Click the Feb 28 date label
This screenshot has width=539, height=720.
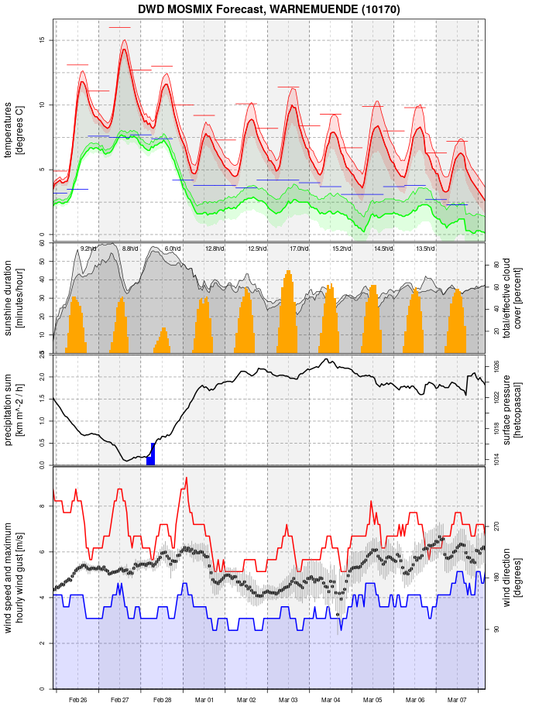163,700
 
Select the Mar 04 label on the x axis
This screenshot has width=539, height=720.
331,700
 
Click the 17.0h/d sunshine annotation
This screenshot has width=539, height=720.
299,249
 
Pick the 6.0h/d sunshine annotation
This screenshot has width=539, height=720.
172,249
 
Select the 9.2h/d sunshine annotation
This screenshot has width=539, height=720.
88,249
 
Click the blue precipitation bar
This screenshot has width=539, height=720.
152,455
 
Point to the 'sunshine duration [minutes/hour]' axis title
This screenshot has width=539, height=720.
14,297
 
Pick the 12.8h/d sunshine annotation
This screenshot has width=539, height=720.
215,249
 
